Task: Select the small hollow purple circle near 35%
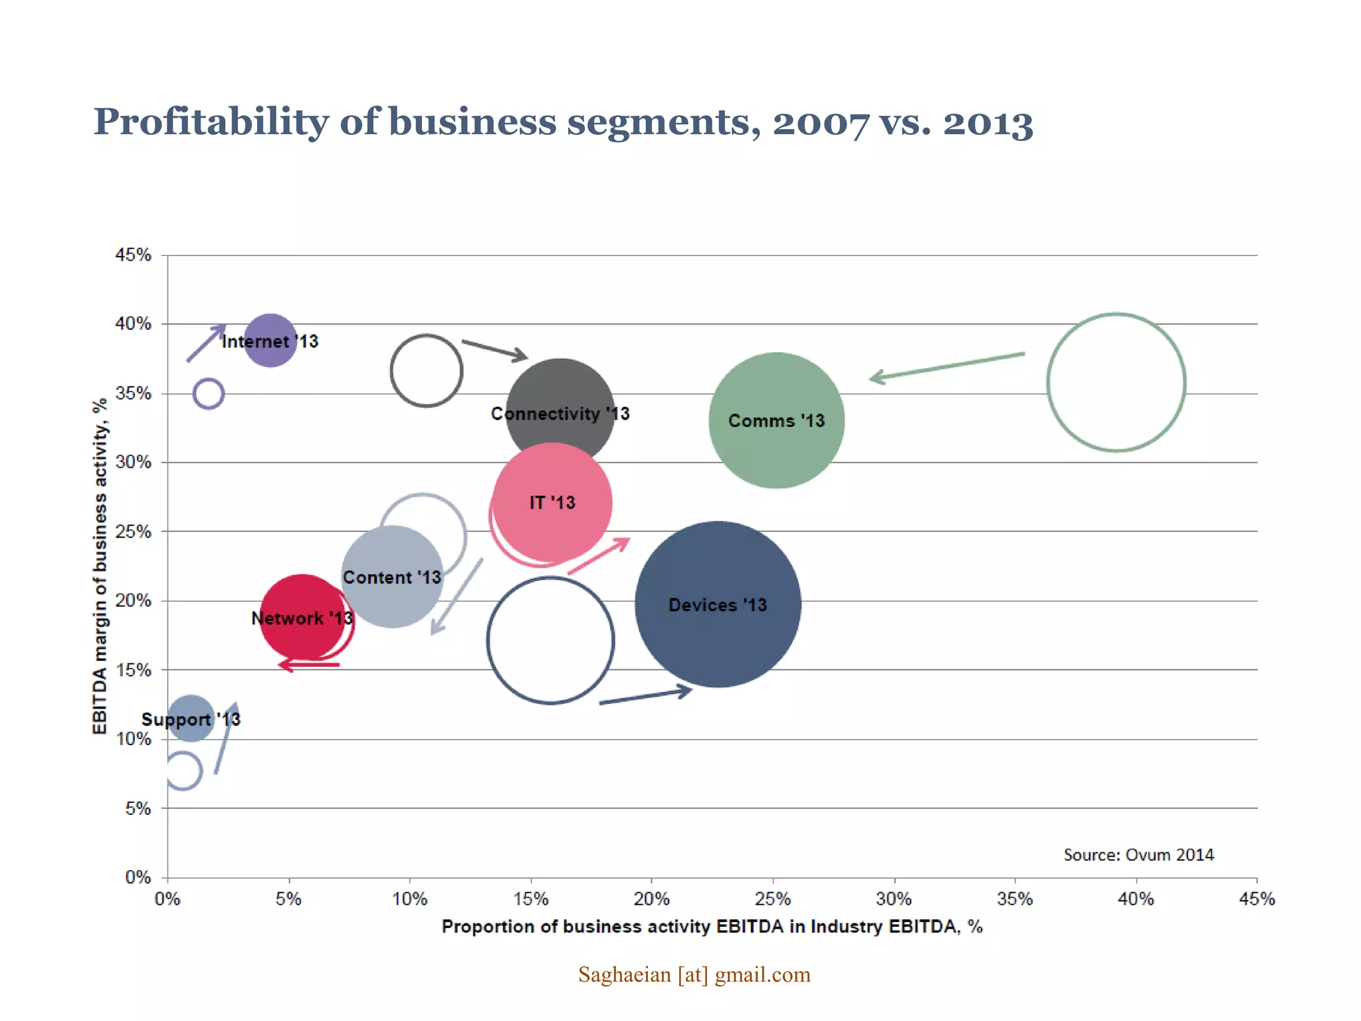208,394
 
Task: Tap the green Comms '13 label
776,421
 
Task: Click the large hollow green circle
1116,382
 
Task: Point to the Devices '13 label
717,605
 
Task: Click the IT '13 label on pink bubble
552,503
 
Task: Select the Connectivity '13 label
560,413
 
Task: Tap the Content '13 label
392,577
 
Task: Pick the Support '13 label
191,719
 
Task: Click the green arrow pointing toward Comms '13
947,366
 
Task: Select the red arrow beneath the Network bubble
309,664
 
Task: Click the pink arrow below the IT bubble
598,556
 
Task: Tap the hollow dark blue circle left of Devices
550,640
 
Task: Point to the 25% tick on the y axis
134,532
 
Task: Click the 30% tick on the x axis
893,899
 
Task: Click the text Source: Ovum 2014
1138,855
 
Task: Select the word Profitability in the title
211,122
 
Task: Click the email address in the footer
694,974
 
